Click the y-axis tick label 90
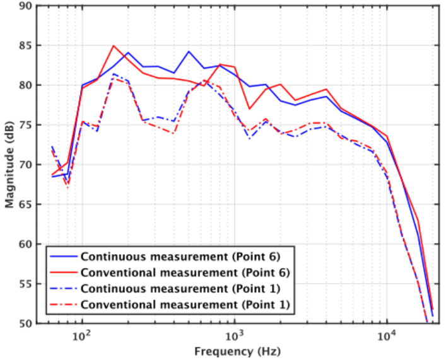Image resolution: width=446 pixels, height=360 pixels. (25, 6)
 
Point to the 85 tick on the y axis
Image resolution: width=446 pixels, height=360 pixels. (25, 45)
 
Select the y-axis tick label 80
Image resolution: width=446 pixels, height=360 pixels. (25, 85)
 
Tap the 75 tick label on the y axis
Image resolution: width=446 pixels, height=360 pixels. (25, 125)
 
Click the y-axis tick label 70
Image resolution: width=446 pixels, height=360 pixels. (25, 165)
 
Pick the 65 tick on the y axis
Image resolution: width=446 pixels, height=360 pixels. (25, 204)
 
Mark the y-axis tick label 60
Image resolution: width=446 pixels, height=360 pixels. (25, 244)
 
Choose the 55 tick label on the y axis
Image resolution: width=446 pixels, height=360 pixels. (25, 284)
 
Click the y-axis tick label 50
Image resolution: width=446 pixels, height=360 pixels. (25, 323)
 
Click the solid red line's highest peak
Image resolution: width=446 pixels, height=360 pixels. (114, 46)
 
